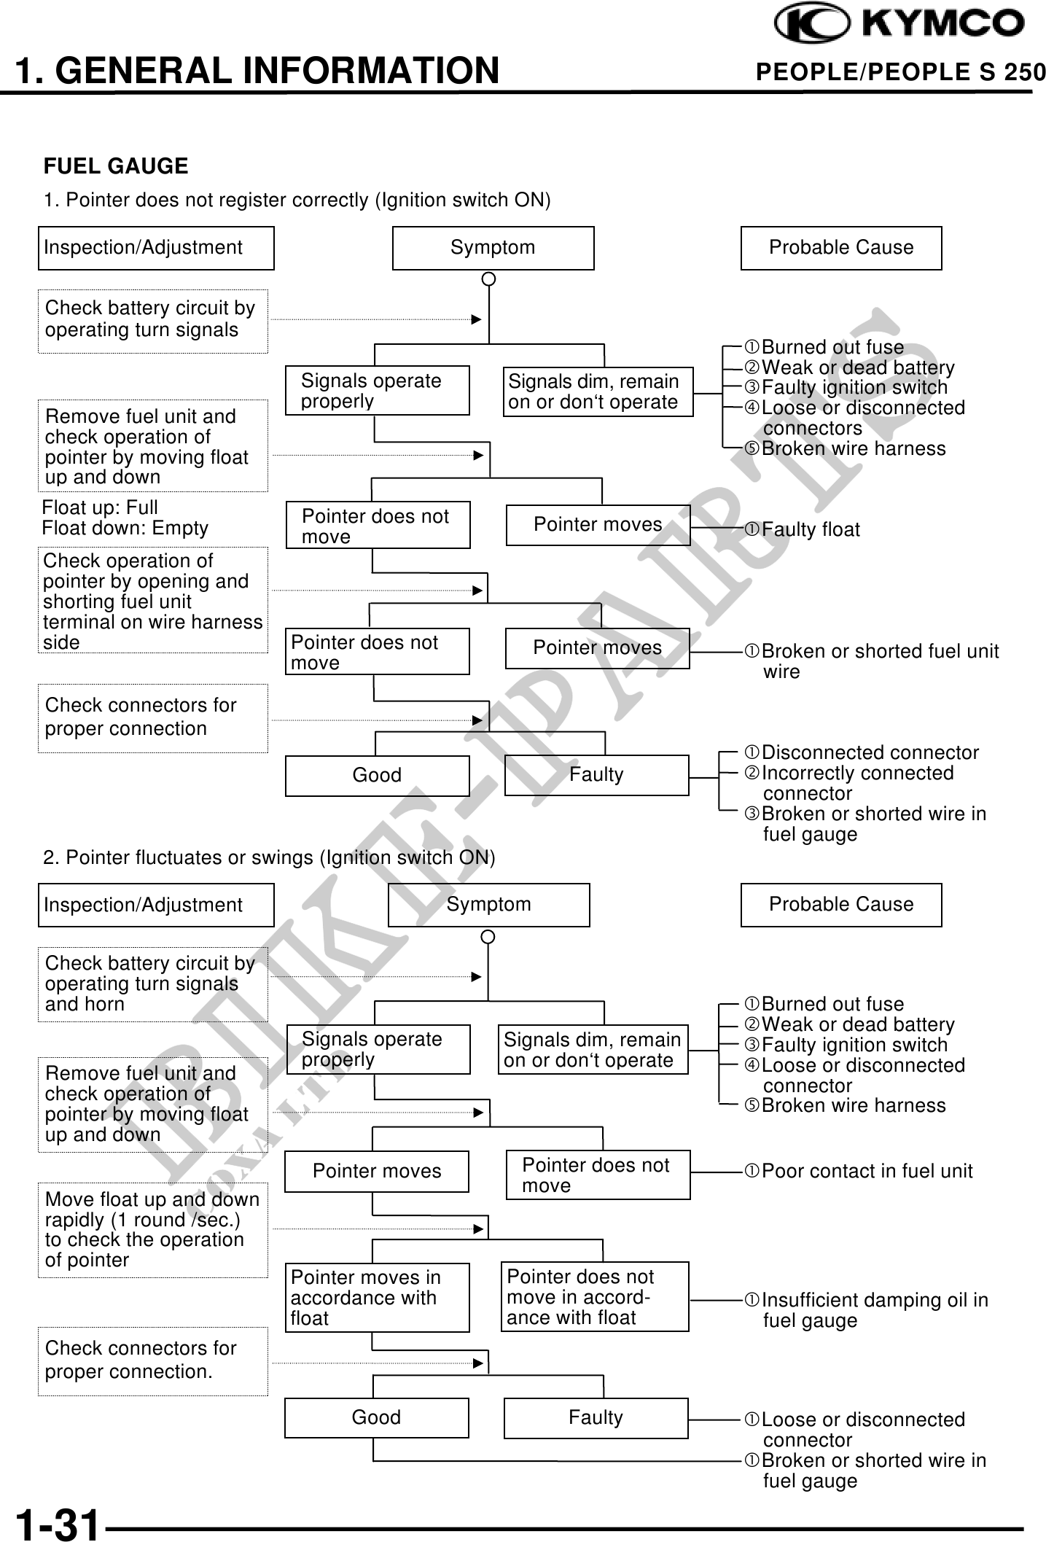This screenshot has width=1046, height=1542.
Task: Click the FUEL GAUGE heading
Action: [116, 166]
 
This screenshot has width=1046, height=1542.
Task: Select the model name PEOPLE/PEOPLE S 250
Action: [900, 72]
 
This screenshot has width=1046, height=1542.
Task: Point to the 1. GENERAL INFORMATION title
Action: [257, 71]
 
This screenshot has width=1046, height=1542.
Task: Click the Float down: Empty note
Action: [125, 528]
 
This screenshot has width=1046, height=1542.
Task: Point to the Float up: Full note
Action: [100, 507]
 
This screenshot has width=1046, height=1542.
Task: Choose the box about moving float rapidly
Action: [152, 1229]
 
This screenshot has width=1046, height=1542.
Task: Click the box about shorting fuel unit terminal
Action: [152, 601]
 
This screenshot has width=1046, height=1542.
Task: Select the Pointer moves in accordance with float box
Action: [377, 1297]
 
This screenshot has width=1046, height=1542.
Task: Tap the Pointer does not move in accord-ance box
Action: [595, 1296]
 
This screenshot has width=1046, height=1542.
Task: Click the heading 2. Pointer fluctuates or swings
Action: [269, 857]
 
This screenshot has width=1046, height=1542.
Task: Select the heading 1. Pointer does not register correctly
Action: [297, 200]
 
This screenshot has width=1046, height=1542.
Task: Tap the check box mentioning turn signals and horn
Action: [152, 984]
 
